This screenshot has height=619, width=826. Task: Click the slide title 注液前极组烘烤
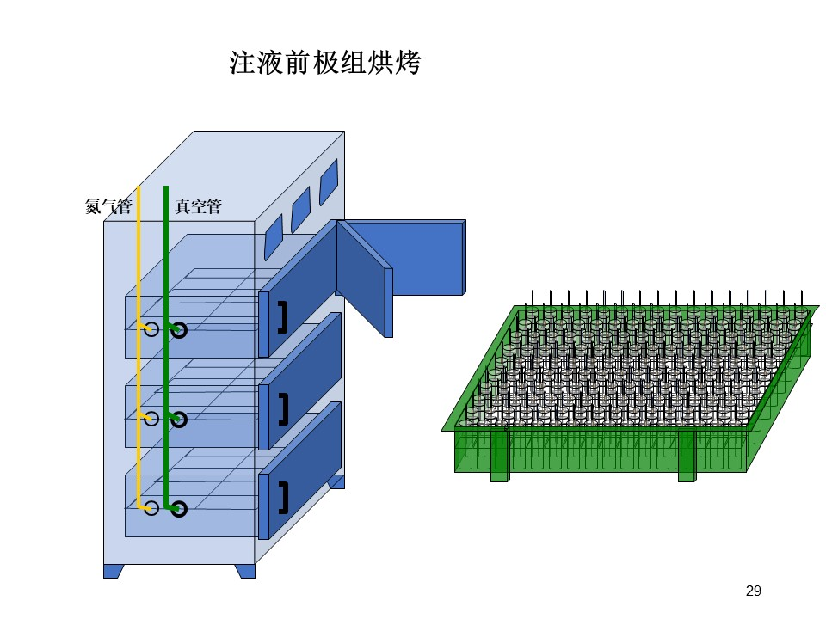[x=324, y=63]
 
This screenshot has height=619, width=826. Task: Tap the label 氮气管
[x=108, y=205]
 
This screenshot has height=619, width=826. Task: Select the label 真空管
[x=198, y=205]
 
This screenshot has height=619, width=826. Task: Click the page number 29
[x=754, y=591]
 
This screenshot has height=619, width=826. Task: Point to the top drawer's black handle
[x=284, y=317]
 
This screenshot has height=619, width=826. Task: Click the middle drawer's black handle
[x=284, y=409]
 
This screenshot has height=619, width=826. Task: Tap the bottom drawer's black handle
[x=284, y=498]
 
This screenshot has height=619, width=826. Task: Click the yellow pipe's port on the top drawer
[x=151, y=329]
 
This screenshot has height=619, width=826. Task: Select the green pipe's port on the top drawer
[x=179, y=330]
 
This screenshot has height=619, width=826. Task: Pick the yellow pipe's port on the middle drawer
[x=151, y=419]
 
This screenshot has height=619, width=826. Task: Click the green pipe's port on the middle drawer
[x=179, y=420]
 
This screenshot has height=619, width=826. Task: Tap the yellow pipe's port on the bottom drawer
[x=151, y=508]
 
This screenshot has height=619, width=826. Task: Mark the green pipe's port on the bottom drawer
[x=179, y=509]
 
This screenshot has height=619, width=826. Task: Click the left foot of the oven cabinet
[x=114, y=571]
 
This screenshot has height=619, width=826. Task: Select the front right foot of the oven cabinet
[x=245, y=571]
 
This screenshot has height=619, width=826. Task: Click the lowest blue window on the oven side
[x=274, y=237]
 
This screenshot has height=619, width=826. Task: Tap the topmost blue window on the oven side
[x=329, y=182]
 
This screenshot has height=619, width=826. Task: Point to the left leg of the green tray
[x=500, y=456]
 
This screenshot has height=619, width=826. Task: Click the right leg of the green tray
[x=687, y=456]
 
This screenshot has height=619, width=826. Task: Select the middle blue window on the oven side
[x=301, y=210]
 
